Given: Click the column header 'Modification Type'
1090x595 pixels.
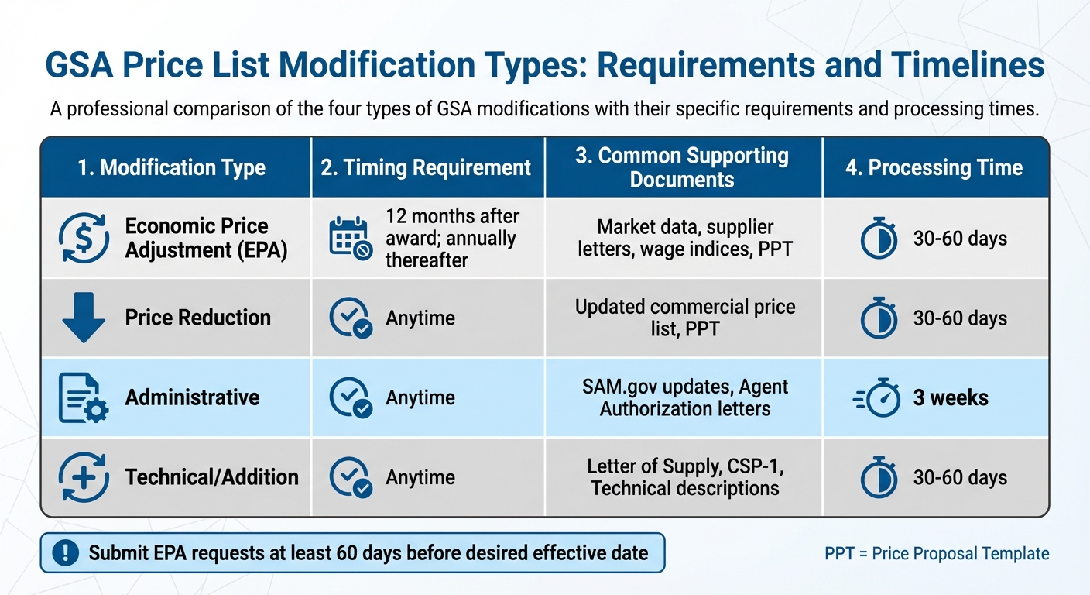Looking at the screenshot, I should [x=171, y=168].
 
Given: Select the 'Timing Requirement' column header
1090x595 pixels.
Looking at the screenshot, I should [x=426, y=168].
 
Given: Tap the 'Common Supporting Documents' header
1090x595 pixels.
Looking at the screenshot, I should [x=682, y=167].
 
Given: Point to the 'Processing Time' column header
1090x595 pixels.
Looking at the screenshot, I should [x=934, y=168].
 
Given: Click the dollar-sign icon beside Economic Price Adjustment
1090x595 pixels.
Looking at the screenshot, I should [x=83, y=239].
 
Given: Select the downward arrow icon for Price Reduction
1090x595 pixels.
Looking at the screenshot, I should [x=83, y=318].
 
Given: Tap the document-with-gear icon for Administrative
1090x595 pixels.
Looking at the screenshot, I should [x=83, y=397].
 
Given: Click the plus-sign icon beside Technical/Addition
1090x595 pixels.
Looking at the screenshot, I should [x=83, y=477].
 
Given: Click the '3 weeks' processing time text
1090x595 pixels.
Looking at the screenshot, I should [x=950, y=398].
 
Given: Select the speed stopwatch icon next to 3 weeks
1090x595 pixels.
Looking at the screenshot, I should [x=878, y=398].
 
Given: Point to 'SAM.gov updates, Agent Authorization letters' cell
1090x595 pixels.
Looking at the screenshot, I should [x=684, y=397].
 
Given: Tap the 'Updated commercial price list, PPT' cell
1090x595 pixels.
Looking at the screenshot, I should [x=684, y=318].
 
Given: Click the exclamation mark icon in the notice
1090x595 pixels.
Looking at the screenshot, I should [x=66, y=552].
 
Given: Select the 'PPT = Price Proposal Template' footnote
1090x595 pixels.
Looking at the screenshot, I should [x=937, y=553].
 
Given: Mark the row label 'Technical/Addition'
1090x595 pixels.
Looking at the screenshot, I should [x=211, y=477].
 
